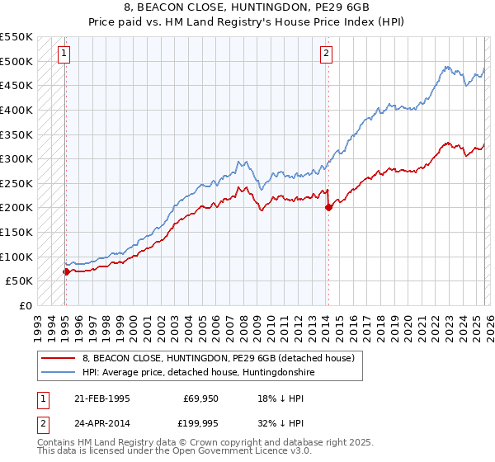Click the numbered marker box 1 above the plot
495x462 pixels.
[x=64, y=54]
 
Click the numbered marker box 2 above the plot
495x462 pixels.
[x=327, y=54]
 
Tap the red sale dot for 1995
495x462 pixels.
[x=66, y=271]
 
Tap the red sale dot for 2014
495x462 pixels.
[x=328, y=208]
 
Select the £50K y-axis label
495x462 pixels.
[x=18, y=280]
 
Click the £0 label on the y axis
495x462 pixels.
[x=25, y=305]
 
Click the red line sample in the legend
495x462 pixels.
[x=56, y=358]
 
